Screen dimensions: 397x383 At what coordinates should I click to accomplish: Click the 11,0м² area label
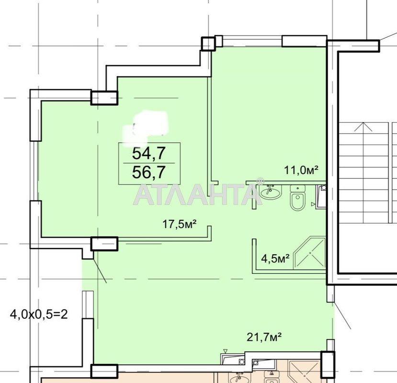click(x=301, y=170)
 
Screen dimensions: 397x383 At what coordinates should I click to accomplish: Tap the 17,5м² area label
click(x=180, y=224)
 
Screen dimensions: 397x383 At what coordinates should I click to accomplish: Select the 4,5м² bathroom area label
click(x=275, y=259)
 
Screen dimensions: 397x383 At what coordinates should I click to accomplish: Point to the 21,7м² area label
click(x=264, y=337)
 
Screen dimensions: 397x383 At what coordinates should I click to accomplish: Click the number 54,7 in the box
click(x=149, y=153)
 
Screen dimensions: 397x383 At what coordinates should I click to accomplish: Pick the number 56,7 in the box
click(x=149, y=172)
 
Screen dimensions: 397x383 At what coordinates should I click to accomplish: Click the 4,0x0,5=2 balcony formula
click(x=39, y=315)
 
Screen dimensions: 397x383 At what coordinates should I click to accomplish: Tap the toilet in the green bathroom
click(x=297, y=198)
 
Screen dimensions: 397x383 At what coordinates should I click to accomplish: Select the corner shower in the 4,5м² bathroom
click(x=309, y=253)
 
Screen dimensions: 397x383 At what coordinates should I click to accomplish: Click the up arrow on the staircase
click(x=363, y=126)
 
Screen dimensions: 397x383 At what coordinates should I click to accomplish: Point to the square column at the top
click(x=208, y=44)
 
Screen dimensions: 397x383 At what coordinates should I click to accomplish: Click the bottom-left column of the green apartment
click(x=104, y=371)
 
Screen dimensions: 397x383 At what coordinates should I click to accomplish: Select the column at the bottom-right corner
click(x=328, y=364)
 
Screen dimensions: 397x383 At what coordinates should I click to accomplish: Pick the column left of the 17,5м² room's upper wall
click(x=104, y=98)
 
